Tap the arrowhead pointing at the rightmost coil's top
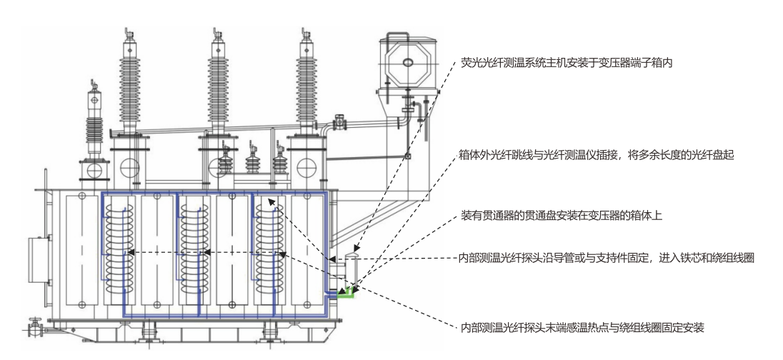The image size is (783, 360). (271, 203)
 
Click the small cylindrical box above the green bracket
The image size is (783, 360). (350, 268)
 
